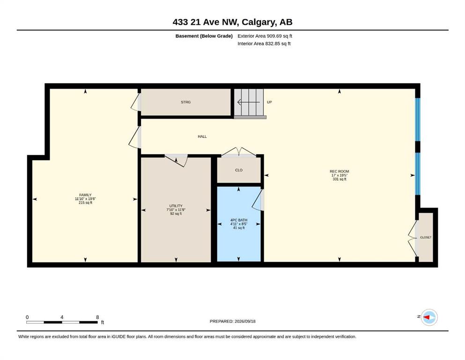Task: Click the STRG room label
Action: (x=185, y=102)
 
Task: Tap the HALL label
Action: (x=202, y=136)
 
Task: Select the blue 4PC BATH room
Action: (x=239, y=224)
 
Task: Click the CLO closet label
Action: (x=239, y=170)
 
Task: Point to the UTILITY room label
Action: (x=176, y=206)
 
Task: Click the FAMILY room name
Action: (x=85, y=195)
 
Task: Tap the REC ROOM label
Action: (x=339, y=171)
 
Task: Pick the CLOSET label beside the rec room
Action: (x=426, y=238)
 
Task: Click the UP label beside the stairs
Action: (x=269, y=102)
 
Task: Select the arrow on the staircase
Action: (x=249, y=102)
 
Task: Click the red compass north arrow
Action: (x=426, y=317)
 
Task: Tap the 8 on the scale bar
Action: (x=97, y=317)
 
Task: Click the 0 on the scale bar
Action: (x=27, y=317)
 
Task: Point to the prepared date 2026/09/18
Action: (x=245, y=321)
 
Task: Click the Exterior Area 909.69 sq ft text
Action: (x=265, y=36)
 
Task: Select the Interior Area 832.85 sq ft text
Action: (x=264, y=44)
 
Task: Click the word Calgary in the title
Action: (x=258, y=22)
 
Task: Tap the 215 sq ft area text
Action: (x=85, y=202)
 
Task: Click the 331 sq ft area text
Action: (x=339, y=179)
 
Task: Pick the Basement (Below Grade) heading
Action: (x=204, y=36)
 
